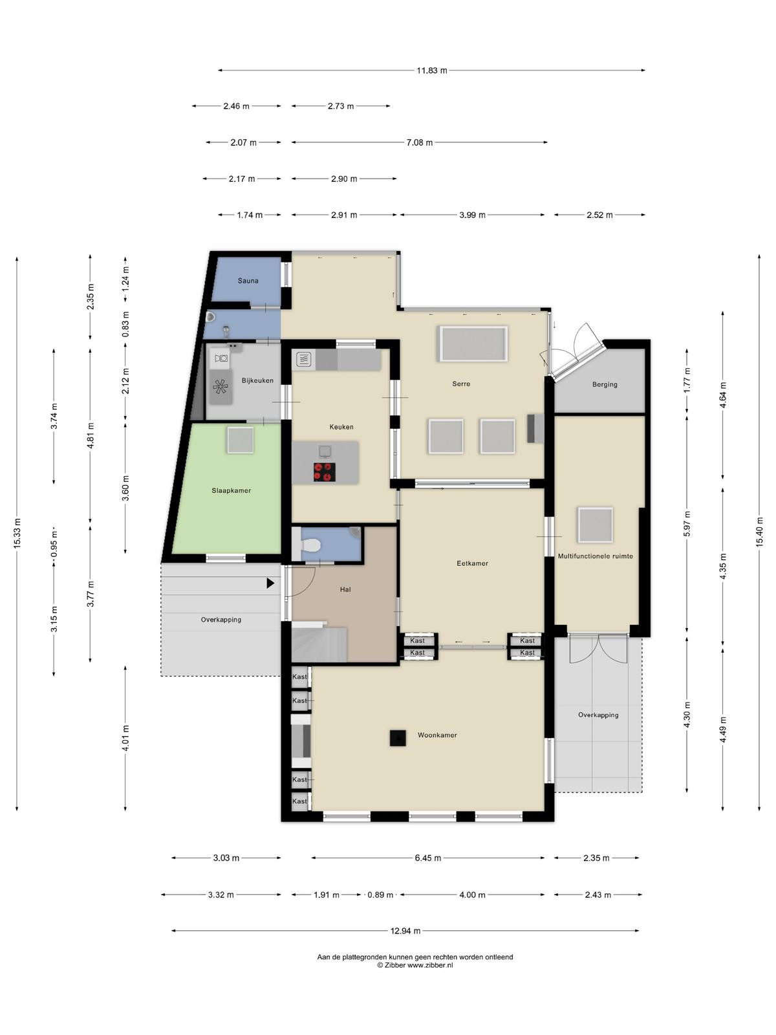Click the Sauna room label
click(248, 281)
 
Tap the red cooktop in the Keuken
click(325, 472)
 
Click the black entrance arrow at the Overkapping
click(270, 583)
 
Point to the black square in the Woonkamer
click(398, 738)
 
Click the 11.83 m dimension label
click(431, 71)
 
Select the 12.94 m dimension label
click(405, 931)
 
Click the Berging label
click(605, 384)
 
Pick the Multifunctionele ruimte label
click(595, 556)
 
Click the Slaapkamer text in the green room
click(231, 490)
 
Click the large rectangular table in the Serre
click(473, 343)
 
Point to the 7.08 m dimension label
click(419, 142)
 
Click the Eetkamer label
click(472, 563)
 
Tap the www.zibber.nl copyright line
click(415, 965)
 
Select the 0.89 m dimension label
click(380, 895)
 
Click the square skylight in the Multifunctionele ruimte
click(596, 525)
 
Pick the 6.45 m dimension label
click(428, 858)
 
